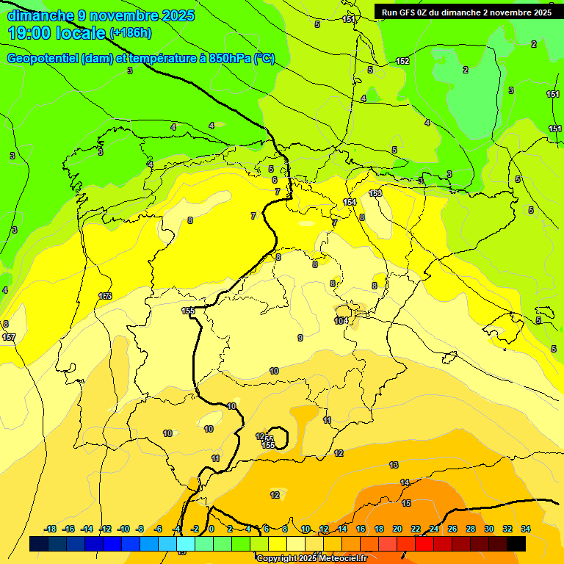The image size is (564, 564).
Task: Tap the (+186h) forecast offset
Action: click(x=130, y=33)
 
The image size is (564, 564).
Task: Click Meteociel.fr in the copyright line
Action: click(x=339, y=559)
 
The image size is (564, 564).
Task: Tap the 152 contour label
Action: click(x=402, y=61)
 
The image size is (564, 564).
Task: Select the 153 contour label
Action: click(x=375, y=193)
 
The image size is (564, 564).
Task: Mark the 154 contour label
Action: click(x=350, y=202)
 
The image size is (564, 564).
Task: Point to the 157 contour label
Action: click(x=9, y=337)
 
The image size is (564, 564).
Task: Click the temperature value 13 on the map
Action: click(x=394, y=465)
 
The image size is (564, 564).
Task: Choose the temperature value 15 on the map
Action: click(x=406, y=503)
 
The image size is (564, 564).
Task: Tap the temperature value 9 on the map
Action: click(x=300, y=338)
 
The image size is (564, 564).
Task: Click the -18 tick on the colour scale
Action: click(x=51, y=529)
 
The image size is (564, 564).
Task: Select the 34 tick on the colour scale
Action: click(x=526, y=529)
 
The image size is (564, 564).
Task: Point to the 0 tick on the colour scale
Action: click(x=211, y=529)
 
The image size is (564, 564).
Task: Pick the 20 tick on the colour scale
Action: click(x=397, y=529)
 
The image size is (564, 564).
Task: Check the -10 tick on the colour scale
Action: click(x=123, y=529)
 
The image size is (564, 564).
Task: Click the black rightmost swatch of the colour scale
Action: click(x=516, y=544)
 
